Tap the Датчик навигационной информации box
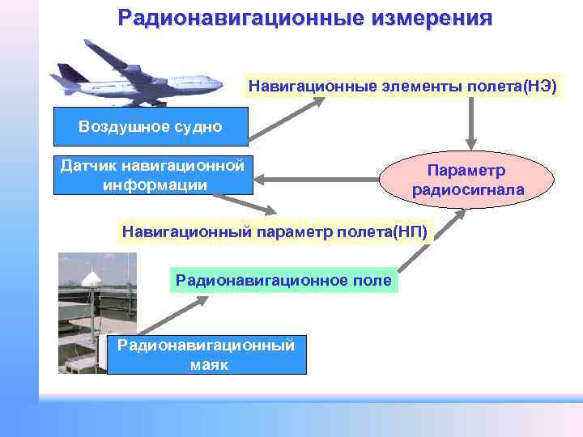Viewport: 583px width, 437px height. pyautogui.click(x=153, y=176)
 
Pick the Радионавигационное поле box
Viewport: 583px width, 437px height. pyautogui.click(x=283, y=280)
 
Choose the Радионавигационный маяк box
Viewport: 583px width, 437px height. pyautogui.click(x=206, y=354)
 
